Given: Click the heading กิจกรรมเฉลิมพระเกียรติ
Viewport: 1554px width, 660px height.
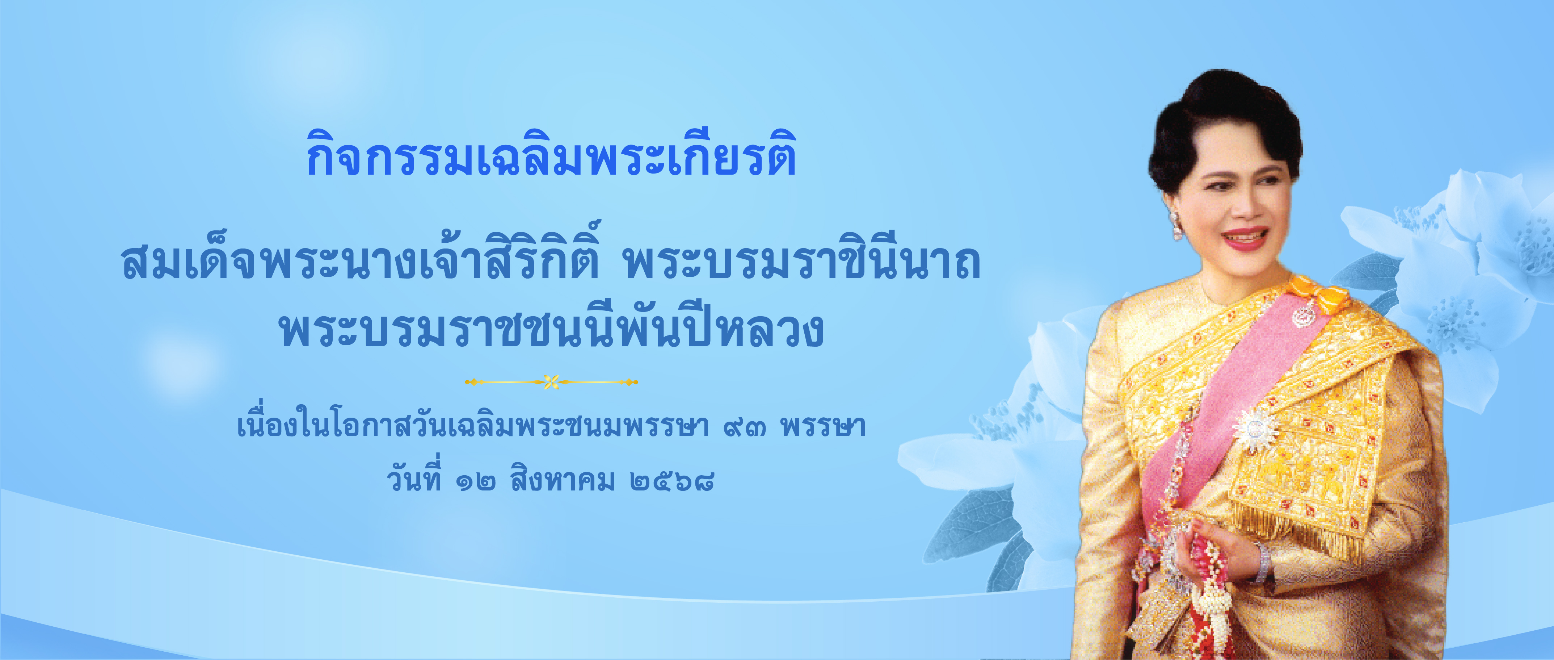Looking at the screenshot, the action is [x=551, y=154].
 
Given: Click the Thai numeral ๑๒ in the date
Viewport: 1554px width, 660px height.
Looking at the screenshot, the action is [x=477, y=482].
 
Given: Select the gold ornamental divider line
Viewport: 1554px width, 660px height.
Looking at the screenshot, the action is [x=551, y=382].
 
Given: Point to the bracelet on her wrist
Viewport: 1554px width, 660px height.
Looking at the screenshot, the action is [x=1262, y=561].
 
